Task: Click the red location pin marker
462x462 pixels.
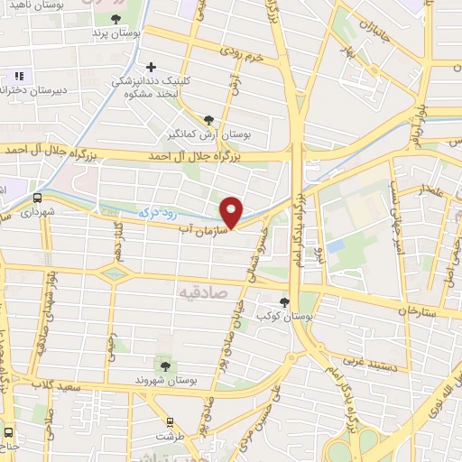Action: click(x=232, y=211)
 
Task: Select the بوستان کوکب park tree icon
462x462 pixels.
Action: click(x=286, y=301)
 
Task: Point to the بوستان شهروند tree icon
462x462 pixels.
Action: click(x=165, y=365)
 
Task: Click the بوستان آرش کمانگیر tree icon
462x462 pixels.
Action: click(x=209, y=119)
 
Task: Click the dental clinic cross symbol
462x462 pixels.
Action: click(x=151, y=66)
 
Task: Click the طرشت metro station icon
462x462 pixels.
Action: click(x=171, y=421)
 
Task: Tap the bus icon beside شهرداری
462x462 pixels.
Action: click(x=38, y=198)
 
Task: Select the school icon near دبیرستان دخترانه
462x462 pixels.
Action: click(x=17, y=76)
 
